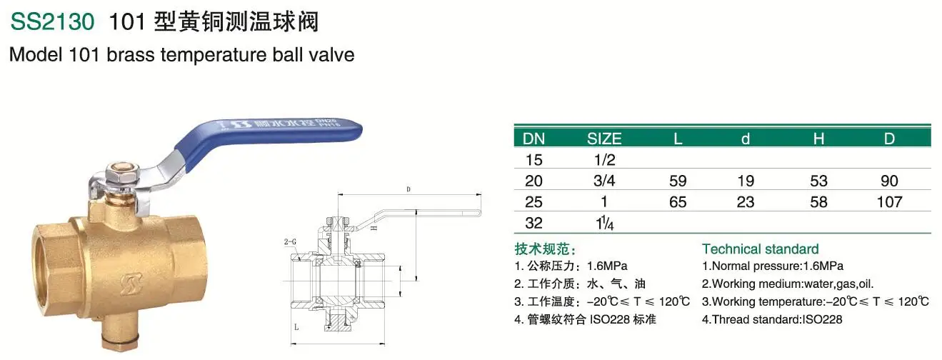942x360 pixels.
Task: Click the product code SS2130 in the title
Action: point(52,22)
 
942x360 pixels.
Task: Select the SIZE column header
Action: point(604,139)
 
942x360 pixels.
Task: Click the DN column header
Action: point(533,139)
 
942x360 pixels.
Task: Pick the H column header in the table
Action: point(818,139)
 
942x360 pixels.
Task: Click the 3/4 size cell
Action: point(605,181)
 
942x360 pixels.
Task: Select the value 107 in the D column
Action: point(889,202)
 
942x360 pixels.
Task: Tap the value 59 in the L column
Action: point(678,181)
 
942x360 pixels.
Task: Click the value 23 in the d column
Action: point(746,202)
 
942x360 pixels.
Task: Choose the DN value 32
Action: point(533,223)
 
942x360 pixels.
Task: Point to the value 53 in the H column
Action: point(818,181)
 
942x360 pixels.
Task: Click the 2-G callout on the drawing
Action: point(289,242)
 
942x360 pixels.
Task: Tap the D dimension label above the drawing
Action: point(408,189)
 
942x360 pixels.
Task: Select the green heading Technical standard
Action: point(760,249)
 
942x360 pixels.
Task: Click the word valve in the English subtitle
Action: point(335,55)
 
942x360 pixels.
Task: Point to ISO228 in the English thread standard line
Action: point(821,319)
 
